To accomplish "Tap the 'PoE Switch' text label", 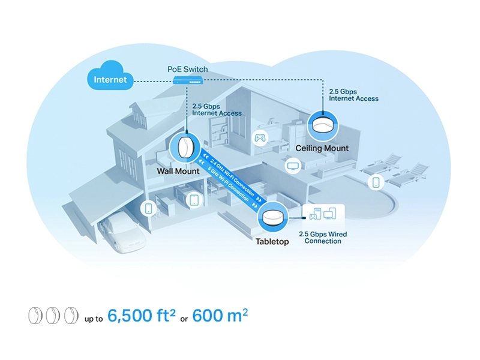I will click(x=187, y=69).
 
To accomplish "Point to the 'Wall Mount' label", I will click(x=178, y=172).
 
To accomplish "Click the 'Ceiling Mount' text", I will click(x=322, y=148).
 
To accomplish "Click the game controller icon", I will click(x=260, y=138).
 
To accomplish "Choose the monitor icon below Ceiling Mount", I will click(x=293, y=165).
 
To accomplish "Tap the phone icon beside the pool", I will click(x=376, y=182).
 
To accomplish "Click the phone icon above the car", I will click(x=149, y=208).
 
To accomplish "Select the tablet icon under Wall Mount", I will click(x=193, y=200).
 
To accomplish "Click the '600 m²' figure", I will click(x=220, y=316).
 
